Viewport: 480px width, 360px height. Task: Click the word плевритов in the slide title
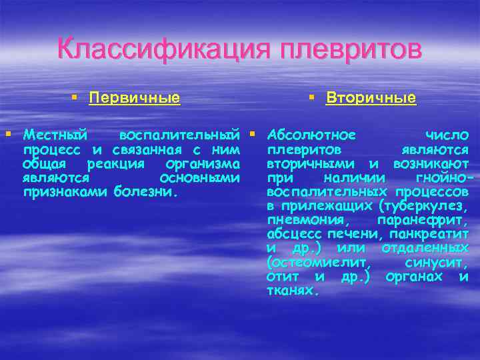tap(351, 49)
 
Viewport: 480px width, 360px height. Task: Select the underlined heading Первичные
tap(135, 99)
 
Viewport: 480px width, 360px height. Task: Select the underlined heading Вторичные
tap(371, 99)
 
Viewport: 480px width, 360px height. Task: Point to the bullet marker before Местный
tap(8, 136)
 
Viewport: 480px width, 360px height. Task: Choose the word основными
tap(201, 178)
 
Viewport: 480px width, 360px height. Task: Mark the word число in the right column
tap(447, 136)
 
